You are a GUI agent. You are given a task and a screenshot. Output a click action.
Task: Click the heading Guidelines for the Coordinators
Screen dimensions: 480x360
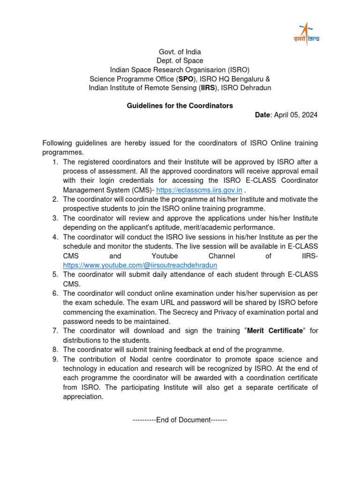(x=180, y=106)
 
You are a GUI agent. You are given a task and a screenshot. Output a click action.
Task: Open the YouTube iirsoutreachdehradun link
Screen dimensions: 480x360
(x=140, y=265)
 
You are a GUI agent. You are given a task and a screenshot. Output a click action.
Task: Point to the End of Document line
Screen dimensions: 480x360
(x=180, y=420)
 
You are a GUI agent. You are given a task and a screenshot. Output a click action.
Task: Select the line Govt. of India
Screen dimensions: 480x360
(x=180, y=52)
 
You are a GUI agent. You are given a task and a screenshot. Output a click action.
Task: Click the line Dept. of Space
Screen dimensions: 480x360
(x=180, y=60)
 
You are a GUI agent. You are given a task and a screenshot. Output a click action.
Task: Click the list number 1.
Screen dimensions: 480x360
(x=55, y=162)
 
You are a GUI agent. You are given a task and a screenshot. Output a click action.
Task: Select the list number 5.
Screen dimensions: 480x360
(x=55, y=275)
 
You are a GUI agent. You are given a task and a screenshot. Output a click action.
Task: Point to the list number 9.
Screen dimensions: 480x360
(x=55, y=359)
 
